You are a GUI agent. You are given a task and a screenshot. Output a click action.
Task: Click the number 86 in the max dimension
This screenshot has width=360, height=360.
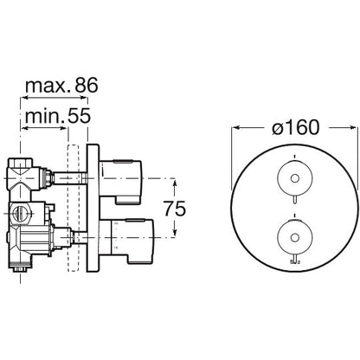(87, 85)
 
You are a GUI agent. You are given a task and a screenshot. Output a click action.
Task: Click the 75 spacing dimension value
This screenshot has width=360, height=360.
(175, 209)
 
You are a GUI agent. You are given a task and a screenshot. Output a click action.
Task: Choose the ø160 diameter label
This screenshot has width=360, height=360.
(296, 127)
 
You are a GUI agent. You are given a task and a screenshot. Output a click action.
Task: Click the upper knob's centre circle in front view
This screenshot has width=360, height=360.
(294, 178)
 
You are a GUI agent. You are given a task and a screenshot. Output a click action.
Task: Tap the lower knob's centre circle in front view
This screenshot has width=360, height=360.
(294, 238)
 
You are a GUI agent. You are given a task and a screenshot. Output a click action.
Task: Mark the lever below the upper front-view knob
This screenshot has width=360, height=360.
(294, 200)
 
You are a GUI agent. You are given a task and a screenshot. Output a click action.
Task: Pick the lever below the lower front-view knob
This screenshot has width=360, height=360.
(294, 259)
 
